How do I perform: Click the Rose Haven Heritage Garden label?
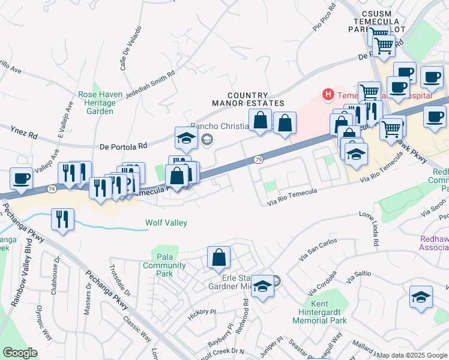coord(100,103)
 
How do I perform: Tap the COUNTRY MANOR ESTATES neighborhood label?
coord(240,99)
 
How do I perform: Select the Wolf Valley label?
coord(166,223)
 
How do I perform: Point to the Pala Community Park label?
coord(157,265)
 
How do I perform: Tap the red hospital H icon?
coord(328,94)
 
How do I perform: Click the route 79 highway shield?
coord(258,160)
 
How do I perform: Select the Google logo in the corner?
coord(20,353)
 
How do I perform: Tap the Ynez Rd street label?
coord(24,132)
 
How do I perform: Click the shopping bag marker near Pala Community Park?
coord(219,257)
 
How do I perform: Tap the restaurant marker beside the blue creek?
coord(63,219)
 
